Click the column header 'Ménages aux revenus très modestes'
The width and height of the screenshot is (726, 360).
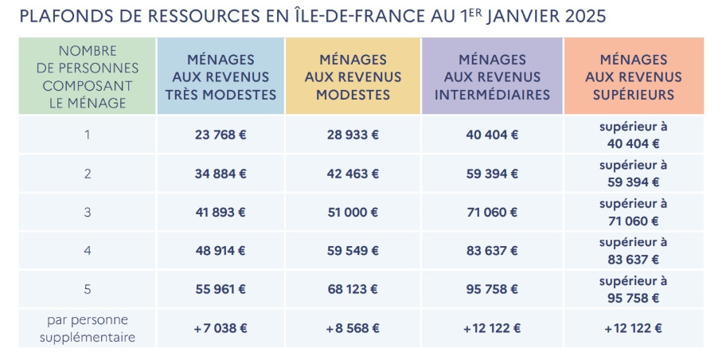tap(221, 77)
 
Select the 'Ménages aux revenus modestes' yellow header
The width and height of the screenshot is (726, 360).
tap(353, 77)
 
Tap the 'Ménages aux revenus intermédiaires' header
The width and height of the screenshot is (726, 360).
tap(492, 77)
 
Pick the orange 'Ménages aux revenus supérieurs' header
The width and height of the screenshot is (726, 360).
tap(634, 77)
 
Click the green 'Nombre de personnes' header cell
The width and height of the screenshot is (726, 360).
tap(88, 76)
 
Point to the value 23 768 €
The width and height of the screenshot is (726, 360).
tap(221, 135)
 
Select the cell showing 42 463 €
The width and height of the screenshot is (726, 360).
tap(353, 174)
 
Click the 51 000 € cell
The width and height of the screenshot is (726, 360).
tap(353, 213)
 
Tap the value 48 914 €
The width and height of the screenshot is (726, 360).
tap(221, 251)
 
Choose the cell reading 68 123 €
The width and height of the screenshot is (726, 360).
tap(353, 289)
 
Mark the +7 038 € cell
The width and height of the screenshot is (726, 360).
tap(221, 328)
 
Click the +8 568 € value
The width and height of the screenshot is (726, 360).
tap(353, 328)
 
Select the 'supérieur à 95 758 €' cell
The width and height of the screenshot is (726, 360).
tap(634, 290)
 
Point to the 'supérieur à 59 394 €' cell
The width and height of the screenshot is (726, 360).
tap(634, 174)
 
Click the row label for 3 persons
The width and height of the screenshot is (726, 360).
tap(87, 213)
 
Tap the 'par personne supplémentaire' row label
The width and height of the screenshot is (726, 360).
tap(88, 328)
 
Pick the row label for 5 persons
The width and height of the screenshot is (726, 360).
tap(87, 289)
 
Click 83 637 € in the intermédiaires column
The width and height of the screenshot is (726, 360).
tap(492, 251)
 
